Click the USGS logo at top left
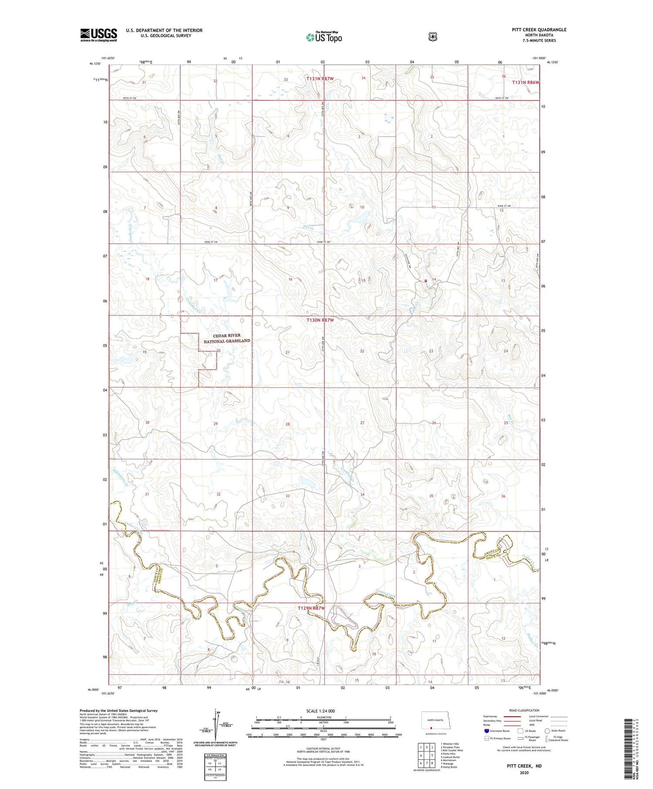(x=98, y=35)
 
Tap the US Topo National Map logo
(x=324, y=37)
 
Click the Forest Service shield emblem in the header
(x=432, y=37)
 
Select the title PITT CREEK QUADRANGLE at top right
(x=539, y=30)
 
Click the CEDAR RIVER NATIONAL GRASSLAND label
(x=227, y=338)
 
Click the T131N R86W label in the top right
(x=525, y=82)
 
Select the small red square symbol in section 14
(x=426, y=281)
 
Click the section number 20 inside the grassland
(x=219, y=351)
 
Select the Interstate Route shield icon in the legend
(x=487, y=731)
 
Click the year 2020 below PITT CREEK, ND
(x=524, y=773)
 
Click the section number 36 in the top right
(x=504, y=76)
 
